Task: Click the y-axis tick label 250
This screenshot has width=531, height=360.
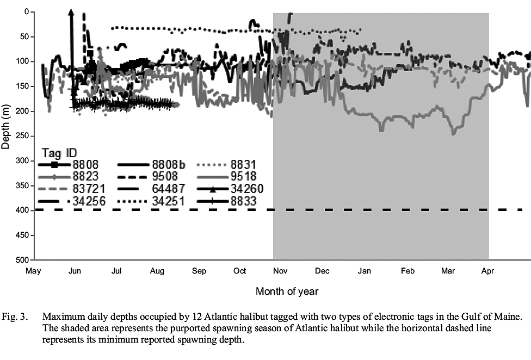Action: coord(24,136)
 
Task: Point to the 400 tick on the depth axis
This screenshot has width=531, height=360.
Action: coord(24,210)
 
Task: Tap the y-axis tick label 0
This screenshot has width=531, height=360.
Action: coord(28,12)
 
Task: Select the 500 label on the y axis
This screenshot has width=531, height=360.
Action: coord(24,260)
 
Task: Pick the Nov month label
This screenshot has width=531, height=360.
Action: coord(281,270)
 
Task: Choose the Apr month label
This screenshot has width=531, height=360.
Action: coord(487,270)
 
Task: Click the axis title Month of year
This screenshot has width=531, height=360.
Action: coord(287,291)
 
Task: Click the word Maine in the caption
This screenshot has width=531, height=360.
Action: coord(510,316)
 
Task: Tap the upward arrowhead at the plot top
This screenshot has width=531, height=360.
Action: coord(71,13)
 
